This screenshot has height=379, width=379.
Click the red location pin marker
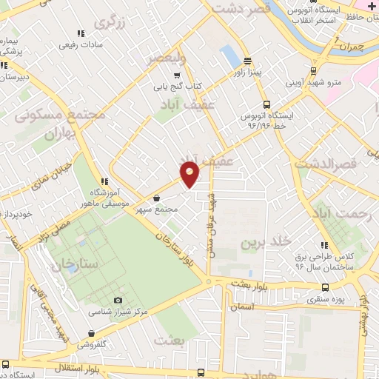[190, 173]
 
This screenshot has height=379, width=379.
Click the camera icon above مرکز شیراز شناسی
[117, 301]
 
